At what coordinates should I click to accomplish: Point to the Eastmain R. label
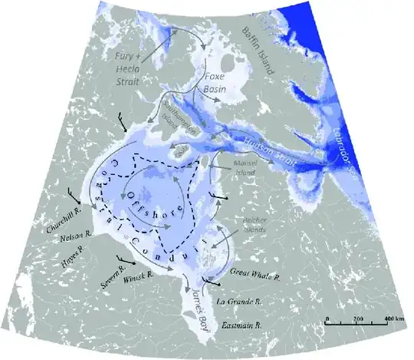(x=243, y=326)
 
